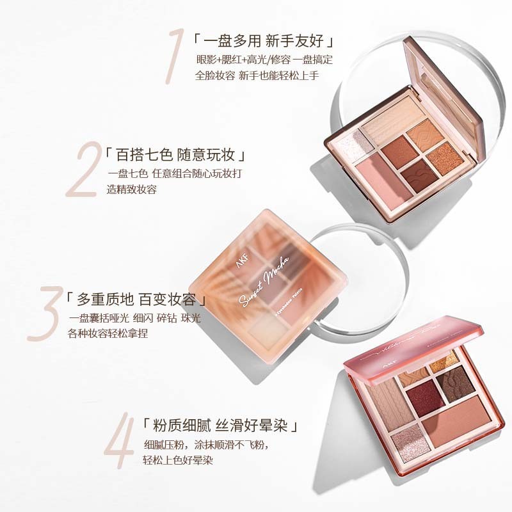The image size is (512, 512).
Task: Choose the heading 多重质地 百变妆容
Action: point(138,300)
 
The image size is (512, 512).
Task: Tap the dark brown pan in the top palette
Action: point(419,172)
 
